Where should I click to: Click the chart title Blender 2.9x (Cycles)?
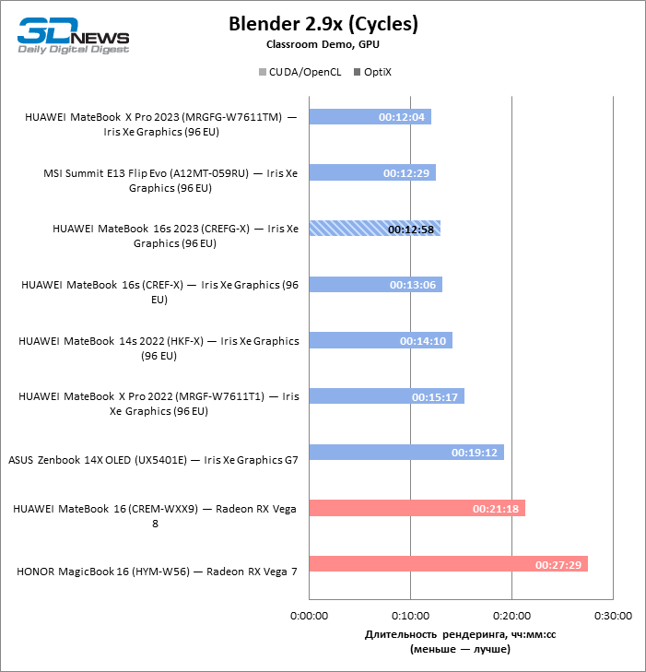click(x=323, y=24)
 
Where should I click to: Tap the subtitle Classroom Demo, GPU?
click(x=323, y=43)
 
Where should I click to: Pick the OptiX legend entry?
click(x=372, y=71)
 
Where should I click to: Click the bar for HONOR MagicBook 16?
click(x=448, y=564)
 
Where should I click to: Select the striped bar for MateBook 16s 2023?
click(x=374, y=229)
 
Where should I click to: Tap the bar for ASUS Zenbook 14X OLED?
click(x=405, y=453)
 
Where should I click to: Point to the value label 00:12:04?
click(x=402, y=117)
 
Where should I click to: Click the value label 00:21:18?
click(x=496, y=509)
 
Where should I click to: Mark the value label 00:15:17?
click(x=435, y=397)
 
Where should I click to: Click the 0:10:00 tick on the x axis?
click(x=410, y=615)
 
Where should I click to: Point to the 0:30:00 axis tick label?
click(x=613, y=615)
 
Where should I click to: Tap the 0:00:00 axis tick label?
click(x=310, y=615)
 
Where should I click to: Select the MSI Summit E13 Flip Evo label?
click(x=170, y=180)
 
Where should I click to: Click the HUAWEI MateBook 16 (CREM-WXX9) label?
click(x=155, y=515)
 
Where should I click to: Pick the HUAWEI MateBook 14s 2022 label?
click(x=159, y=348)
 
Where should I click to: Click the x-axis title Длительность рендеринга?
click(x=460, y=635)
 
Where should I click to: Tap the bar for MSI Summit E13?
click(x=372, y=172)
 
